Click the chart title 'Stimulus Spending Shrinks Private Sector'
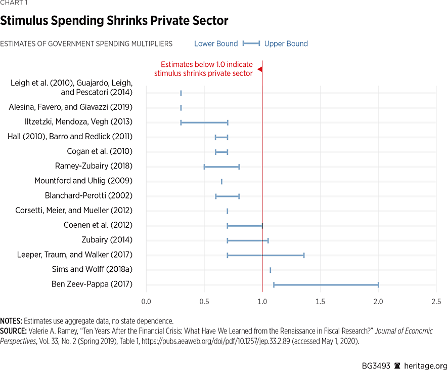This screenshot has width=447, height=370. [x=114, y=21]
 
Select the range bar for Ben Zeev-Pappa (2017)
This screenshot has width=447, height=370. [x=326, y=284]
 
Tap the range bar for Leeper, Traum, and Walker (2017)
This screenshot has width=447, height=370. [x=265, y=255]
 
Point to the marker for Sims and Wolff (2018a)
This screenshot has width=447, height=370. [x=271, y=270]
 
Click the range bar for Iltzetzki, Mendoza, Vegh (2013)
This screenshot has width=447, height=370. [x=204, y=122]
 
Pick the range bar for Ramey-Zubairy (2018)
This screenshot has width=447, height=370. [x=221, y=167]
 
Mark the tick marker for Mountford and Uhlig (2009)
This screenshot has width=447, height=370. [x=221, y=181]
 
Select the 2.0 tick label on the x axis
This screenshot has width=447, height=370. [x=378, y=302]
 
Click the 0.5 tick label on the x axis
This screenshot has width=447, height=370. [x=204, y=302]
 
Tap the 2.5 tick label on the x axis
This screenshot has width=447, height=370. [x=436, y=302]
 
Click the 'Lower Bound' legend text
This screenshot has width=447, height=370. [x=216, y=44]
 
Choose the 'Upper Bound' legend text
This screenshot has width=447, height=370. [x=286, y=44]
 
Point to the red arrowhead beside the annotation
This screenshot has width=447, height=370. [x=259, y=69]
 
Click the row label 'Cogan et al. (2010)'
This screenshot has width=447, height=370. [x=100, y=151]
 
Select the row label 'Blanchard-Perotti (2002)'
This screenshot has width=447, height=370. [x=88, y=195]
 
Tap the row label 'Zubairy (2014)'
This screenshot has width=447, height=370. [x=107, y=240]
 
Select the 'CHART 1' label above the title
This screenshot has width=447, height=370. [x=14, y=3]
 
